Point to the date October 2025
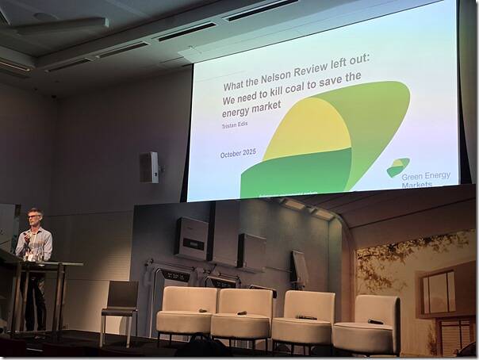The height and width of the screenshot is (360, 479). pyautogui.click(x=241, y=154)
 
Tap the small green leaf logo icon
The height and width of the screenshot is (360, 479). pyautogui.click(x=397, y=167)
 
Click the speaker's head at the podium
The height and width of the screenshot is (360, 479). pyautogui.click(x=34, y=217)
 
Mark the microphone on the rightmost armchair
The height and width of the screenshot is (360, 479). pyautogui.click(x=375, y=321)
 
